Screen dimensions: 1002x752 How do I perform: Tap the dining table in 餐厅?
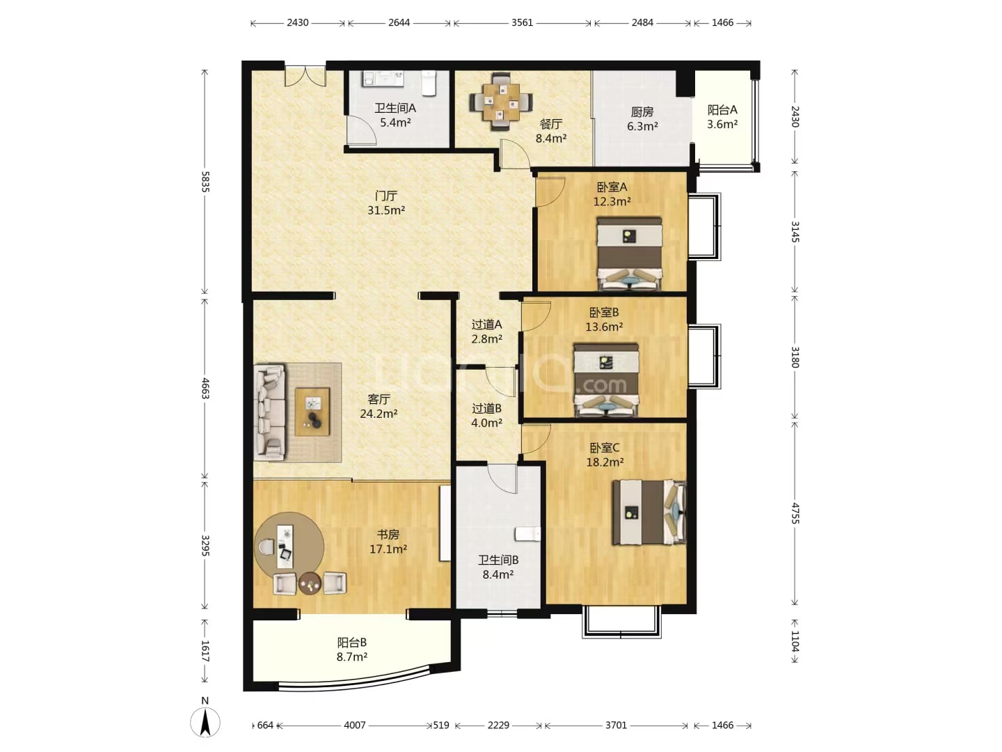[x=501, y=102]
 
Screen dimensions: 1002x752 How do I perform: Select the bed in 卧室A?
[x=630, y=253]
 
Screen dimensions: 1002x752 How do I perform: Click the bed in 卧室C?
[x=649, y=512]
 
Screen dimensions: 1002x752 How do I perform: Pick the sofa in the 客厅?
[x=270, y=412]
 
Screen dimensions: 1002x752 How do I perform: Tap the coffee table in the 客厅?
[x=312, y=412]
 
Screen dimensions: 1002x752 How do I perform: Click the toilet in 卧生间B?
[x=527, y=534]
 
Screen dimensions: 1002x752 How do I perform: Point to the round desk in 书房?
[x=289, y=547]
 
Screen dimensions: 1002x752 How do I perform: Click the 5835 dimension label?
[x=205, y=182]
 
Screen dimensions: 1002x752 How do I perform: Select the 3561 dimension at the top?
[x=522, y=22]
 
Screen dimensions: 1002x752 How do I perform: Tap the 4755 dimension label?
[x=795, y=514]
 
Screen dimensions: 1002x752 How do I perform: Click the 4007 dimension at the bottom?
[x=355, y=725]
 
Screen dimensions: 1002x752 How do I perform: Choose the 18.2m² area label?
[x=605, y=462]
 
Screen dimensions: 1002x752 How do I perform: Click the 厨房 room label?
[x=642, y=111]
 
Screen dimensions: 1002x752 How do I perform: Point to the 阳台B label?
[x=352, y=643]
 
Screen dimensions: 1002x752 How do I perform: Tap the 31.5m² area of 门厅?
[x=386, y=210]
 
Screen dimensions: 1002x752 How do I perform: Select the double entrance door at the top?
[x=305, y=77]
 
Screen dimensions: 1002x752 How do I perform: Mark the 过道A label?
[x=486, y=324]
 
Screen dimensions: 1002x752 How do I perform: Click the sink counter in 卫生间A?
[x=383, y=78]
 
